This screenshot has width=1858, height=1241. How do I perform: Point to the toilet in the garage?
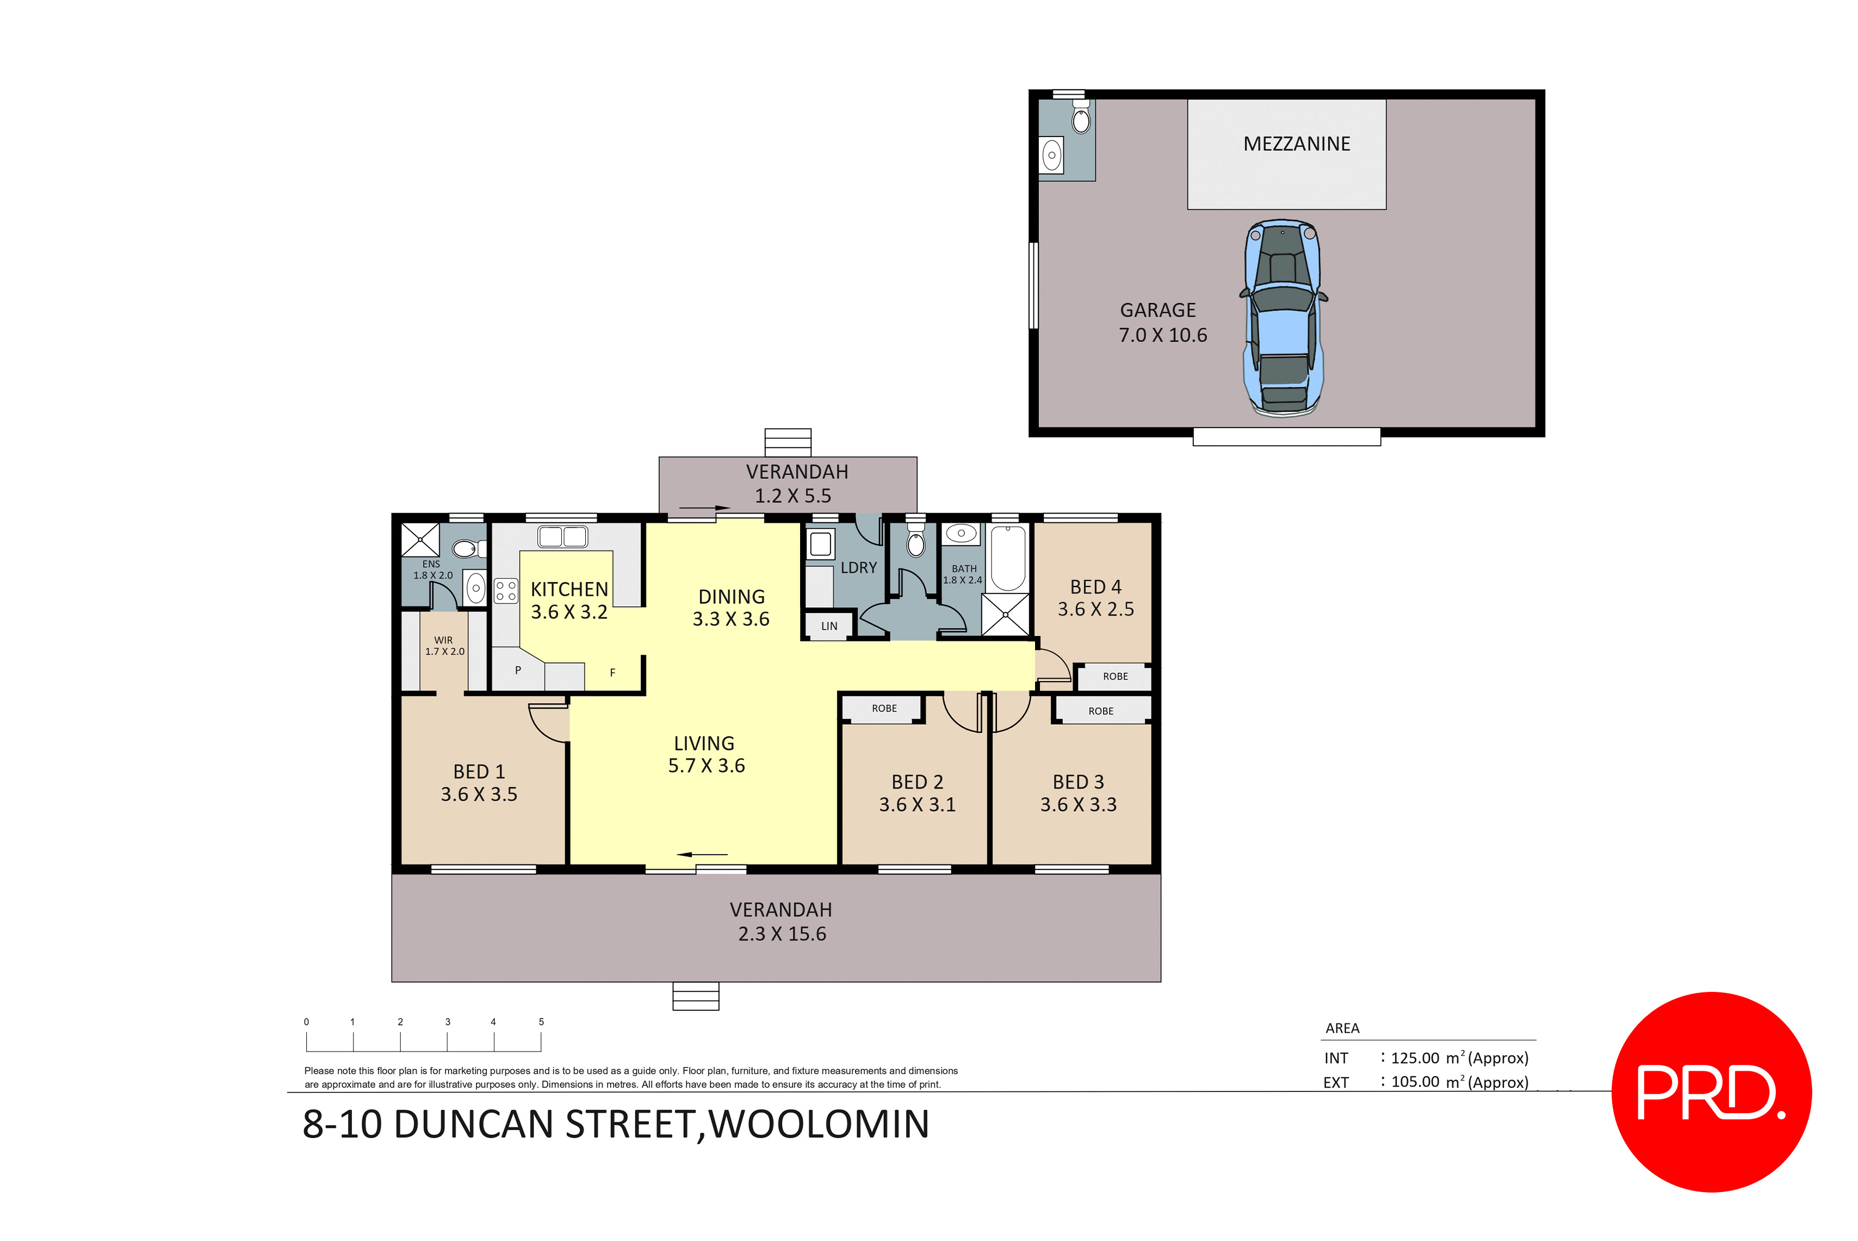(1080, 119)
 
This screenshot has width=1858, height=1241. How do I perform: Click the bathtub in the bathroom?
(1007, 557)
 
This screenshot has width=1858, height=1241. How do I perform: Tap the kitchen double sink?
(562, 536)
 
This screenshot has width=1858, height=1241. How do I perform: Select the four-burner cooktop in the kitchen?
(506, 590)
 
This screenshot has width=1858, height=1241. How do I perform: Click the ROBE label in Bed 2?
(884, 708)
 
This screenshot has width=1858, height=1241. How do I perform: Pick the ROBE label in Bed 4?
(1115, 676)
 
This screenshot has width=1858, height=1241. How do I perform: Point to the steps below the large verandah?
(696, 996)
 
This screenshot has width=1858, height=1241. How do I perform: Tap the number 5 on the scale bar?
(541, 1022)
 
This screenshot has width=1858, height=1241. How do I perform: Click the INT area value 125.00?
(1415, 1058)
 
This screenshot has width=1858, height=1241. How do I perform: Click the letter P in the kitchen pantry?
(517, 670)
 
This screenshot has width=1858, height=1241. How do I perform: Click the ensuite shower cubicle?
(420, 540)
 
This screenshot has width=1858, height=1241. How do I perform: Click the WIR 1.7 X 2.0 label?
(444, 646)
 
